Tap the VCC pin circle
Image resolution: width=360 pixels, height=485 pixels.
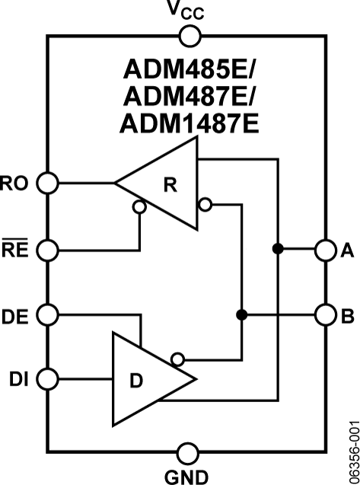[x=188, y=34]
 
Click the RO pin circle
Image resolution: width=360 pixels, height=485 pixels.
[x=48, y=183]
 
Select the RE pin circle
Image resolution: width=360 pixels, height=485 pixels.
[x=48, y=249]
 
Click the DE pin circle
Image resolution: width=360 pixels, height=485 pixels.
[x=48, y=314]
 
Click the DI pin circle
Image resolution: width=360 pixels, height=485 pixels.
[x=48, y=378]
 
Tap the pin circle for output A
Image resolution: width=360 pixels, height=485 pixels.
[x=325, y=249]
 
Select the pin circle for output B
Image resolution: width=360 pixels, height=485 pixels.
[x=325, y=314]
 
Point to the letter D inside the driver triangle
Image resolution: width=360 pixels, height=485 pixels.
[x=135, y=379]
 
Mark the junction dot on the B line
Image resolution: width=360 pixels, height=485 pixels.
[x=241, y=314]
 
